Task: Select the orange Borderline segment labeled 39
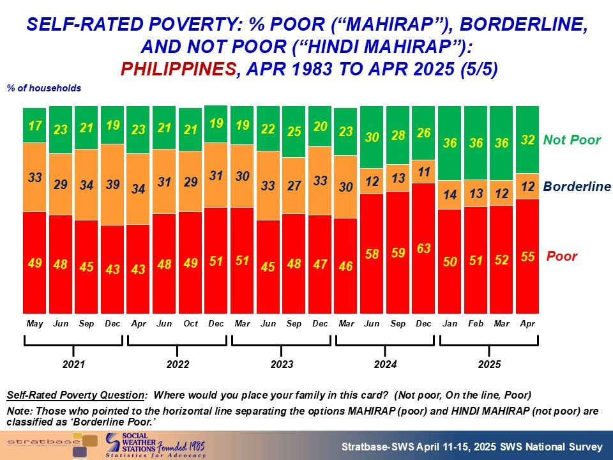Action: click(112, 185)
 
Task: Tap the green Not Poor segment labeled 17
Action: click(34, 125)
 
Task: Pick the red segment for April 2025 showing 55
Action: click(527, 256)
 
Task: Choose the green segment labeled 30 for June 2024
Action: click(372, 137)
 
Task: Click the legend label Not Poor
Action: click(571, 140)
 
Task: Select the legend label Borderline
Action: click(577, 187)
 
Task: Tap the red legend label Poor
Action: click(561, 256)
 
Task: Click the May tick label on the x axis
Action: click(34, 324)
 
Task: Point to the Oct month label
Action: click(190, 324)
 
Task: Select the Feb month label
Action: click(476, 324)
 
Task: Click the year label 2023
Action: click(282, 365)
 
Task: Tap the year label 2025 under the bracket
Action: click(489, 365)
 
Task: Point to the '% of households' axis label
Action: click(44, 88)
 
